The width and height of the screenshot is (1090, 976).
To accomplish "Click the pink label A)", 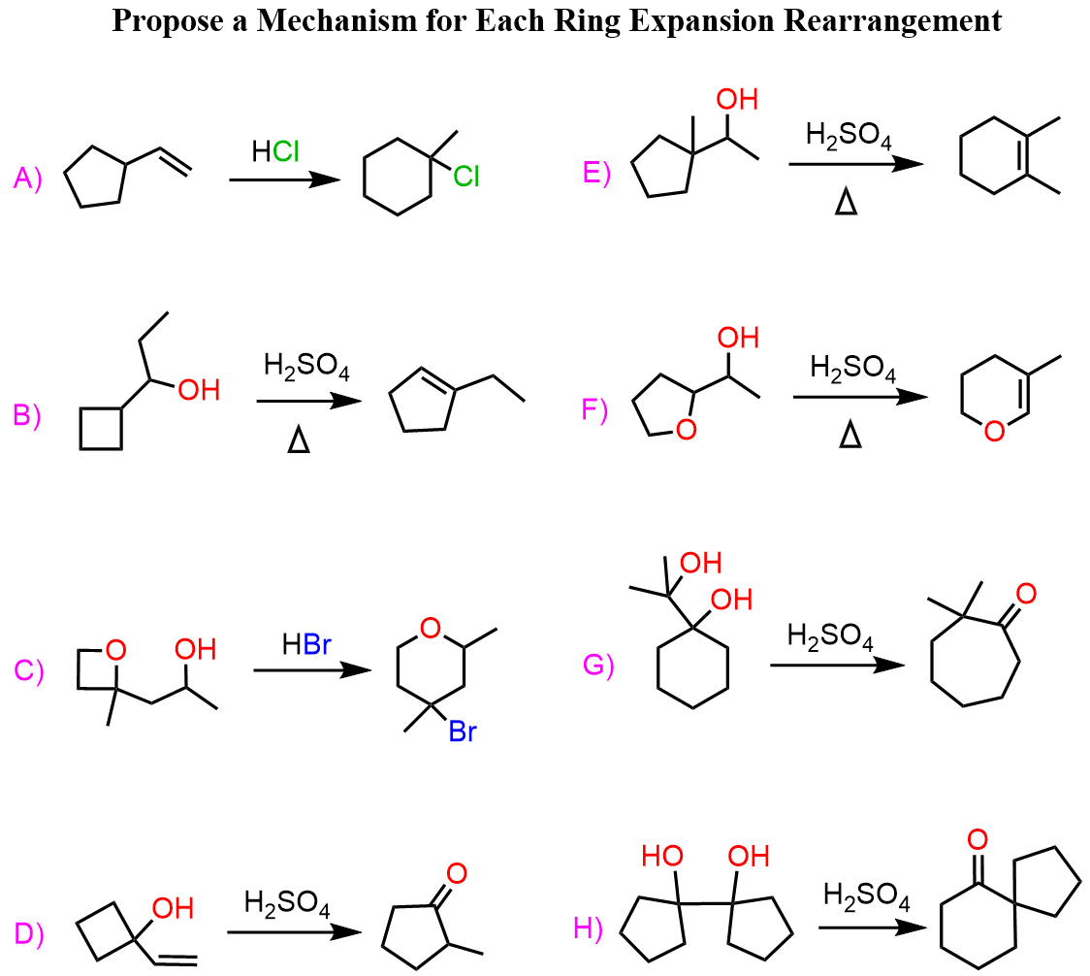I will [x=28, y=179].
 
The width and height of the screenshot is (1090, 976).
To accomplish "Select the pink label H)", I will [x=589, y=928].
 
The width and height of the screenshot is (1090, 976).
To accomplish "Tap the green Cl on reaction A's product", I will [x=465, y=176].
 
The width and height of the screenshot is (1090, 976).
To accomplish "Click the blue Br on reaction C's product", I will [x=463, y=732].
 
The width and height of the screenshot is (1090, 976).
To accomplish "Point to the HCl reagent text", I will [x=275, y=151].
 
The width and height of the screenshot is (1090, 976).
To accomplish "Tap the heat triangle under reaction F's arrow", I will [x=849, y=439].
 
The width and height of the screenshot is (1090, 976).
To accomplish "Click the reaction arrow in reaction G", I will [x=836, y=666].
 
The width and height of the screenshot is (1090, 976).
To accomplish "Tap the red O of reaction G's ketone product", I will [x=1026, y=591].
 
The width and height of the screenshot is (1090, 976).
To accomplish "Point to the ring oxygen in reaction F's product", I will [x=993, y=433].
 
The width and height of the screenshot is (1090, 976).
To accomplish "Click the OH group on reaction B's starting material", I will [x=197, y=390].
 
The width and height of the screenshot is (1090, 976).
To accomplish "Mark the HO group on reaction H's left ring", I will [x=662, y=856].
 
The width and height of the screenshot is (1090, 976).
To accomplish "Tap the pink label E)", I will [x=596, y=174].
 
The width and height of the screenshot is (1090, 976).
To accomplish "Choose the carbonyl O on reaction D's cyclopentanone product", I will [x=456, y=873].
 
